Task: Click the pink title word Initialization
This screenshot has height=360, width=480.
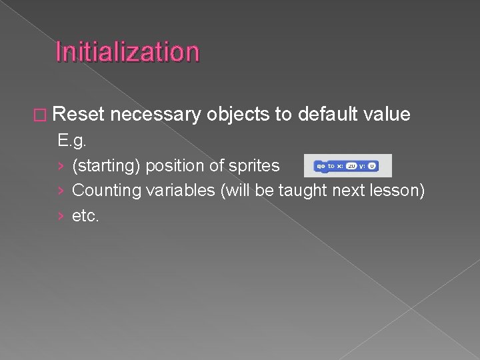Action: (127, 51)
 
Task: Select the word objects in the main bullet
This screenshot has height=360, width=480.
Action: (238, 114)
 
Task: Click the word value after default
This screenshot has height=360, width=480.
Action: (387, 114)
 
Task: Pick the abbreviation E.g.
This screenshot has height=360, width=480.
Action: (73, 141)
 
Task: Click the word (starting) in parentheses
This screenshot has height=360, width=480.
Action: (106, 165)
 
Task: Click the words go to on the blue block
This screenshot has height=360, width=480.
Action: (325, 165)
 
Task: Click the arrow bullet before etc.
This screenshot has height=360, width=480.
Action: (61, 215)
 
